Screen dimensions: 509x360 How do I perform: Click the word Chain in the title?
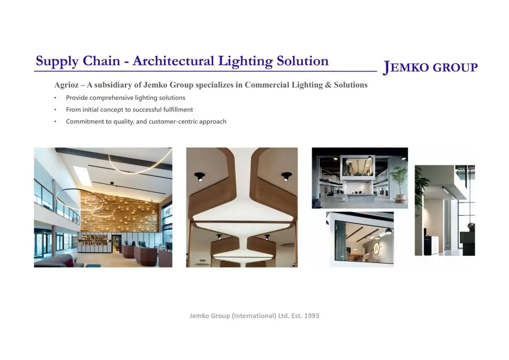[x=101, y=61]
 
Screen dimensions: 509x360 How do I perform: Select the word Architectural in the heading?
[x=173, y=61]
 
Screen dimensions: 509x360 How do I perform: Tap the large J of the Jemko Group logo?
[x=387, y=68]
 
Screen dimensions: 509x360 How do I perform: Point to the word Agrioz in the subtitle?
[x=66, y=85]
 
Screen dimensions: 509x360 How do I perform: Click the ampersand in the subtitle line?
[x=328, y=85]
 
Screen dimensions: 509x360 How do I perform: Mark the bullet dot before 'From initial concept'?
[x=55, y=110]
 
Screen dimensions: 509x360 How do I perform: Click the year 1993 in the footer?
[x=311, y=316]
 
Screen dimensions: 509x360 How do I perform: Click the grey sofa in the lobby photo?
[x=55, y=261]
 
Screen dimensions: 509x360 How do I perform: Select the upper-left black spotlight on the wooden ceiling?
[x=199, y=177]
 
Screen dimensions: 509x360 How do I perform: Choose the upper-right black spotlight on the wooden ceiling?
[x=286, y=177]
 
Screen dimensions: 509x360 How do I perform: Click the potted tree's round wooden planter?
[x=402, y=198]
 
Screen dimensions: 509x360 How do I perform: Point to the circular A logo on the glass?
[x=376, y=247]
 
